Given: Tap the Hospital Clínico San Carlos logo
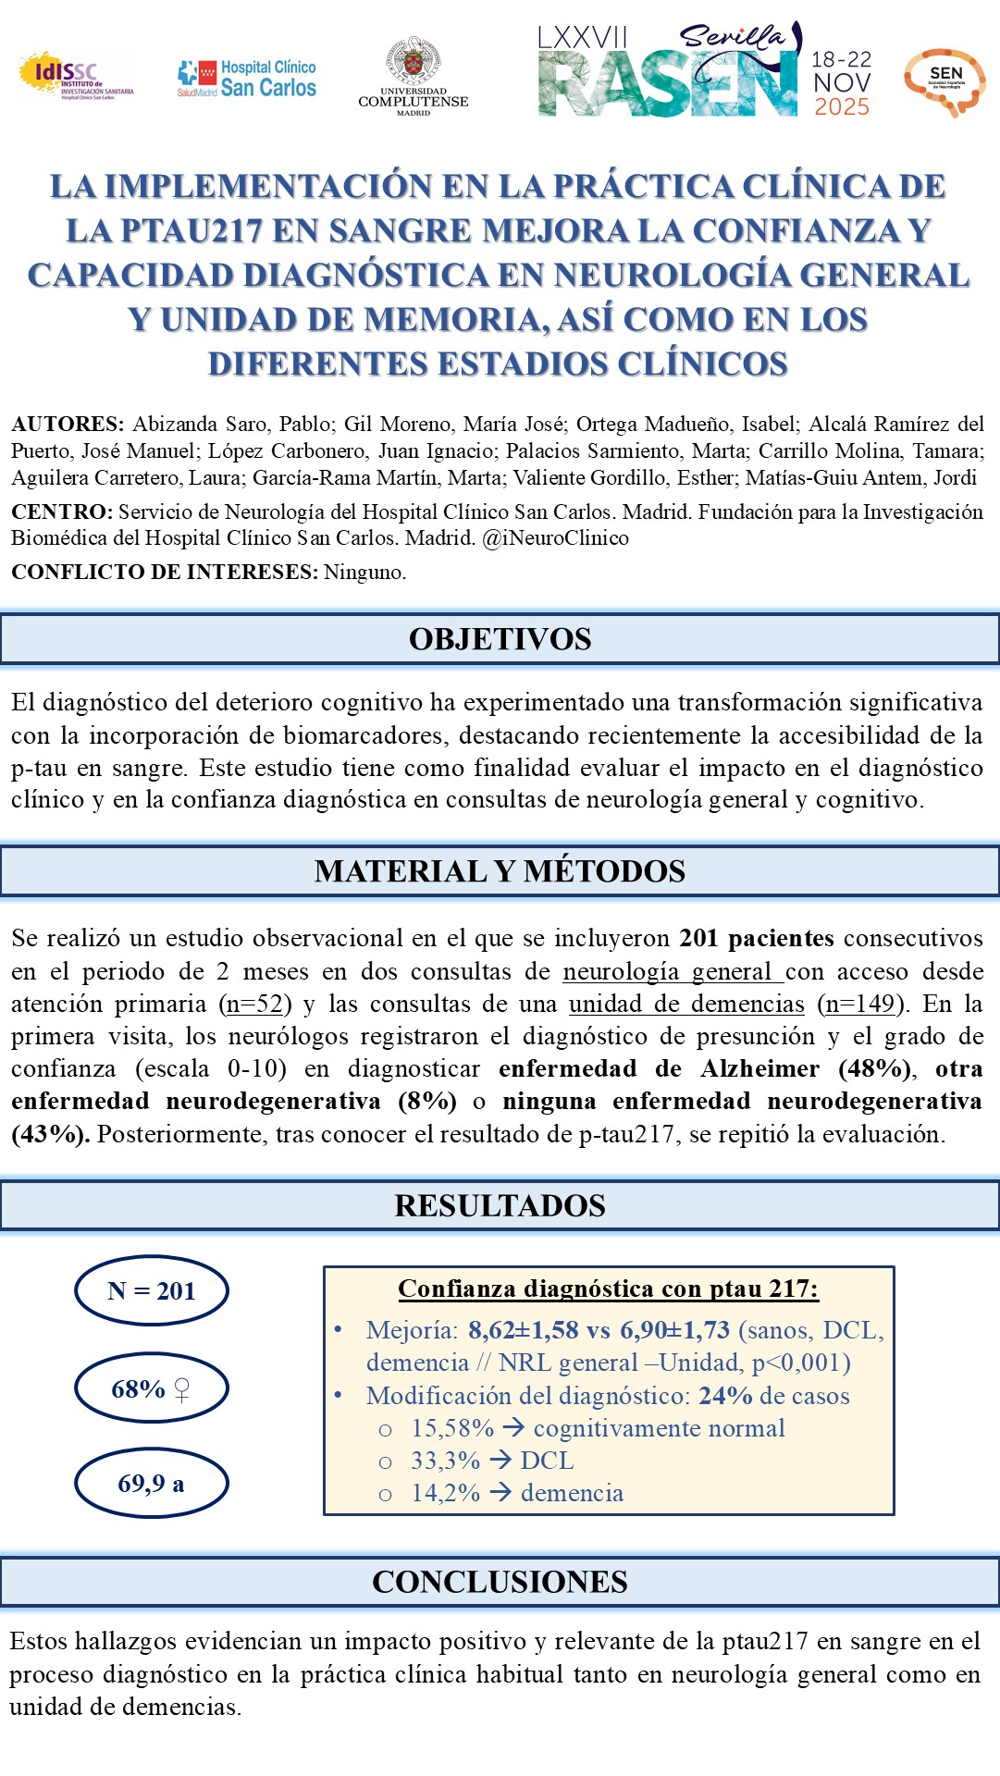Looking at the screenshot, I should pos(247,79).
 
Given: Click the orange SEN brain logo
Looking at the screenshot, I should pos(944,81).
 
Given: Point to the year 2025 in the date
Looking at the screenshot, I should pos(841,107).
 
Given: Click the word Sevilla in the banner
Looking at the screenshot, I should pos(732,37).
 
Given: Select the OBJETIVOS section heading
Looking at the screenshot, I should pos(500,639).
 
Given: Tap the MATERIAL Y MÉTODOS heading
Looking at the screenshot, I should pos(500,871).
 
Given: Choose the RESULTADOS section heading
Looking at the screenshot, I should pos(500,1206).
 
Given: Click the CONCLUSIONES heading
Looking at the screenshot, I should pos(500,1582).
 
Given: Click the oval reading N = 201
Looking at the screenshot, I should pos(151,1291).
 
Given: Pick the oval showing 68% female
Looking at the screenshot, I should pos(151,1388).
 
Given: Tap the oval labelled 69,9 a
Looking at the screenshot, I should pos(151,1484).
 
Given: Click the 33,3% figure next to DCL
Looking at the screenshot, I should pos(445,1461).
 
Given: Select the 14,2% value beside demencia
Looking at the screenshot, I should pos(445,1493).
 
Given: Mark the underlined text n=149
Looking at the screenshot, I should pos(859,1004).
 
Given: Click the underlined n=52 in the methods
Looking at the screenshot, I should pos(254,1004).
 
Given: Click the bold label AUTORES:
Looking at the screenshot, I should pos(68,425).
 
